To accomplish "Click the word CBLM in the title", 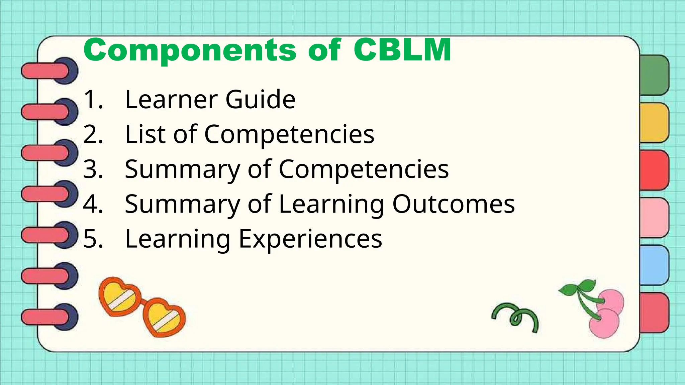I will (x=402, y=50).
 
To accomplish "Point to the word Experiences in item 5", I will (x=310, y=239).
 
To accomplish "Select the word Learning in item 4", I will (x=331, y=205).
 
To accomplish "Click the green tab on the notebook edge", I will (x=654, y=75).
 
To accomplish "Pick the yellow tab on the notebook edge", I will (x=654, y=123).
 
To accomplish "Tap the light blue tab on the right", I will (x=654, y=265).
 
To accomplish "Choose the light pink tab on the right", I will (x=654, y=218).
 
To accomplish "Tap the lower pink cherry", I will (x=604, y=324).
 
